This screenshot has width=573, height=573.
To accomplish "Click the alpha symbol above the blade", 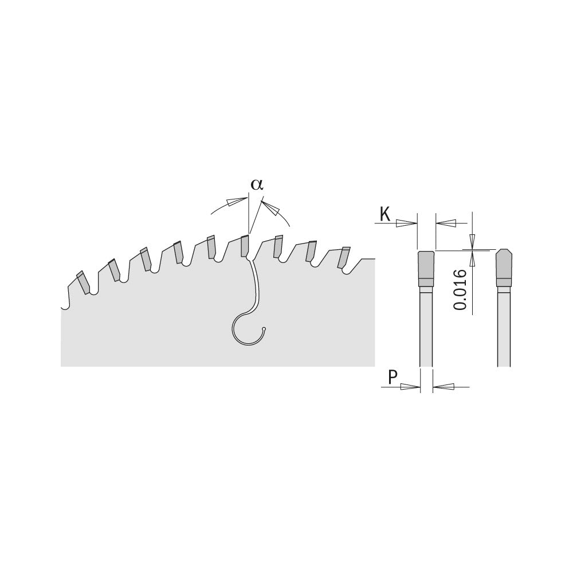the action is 257,185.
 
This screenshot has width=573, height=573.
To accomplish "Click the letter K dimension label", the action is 385,214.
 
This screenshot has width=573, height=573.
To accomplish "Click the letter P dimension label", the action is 393,377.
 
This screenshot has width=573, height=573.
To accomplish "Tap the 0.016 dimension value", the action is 460,290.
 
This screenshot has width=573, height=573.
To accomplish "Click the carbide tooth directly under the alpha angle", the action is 245,246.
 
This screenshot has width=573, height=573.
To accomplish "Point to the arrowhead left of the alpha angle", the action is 236,201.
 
